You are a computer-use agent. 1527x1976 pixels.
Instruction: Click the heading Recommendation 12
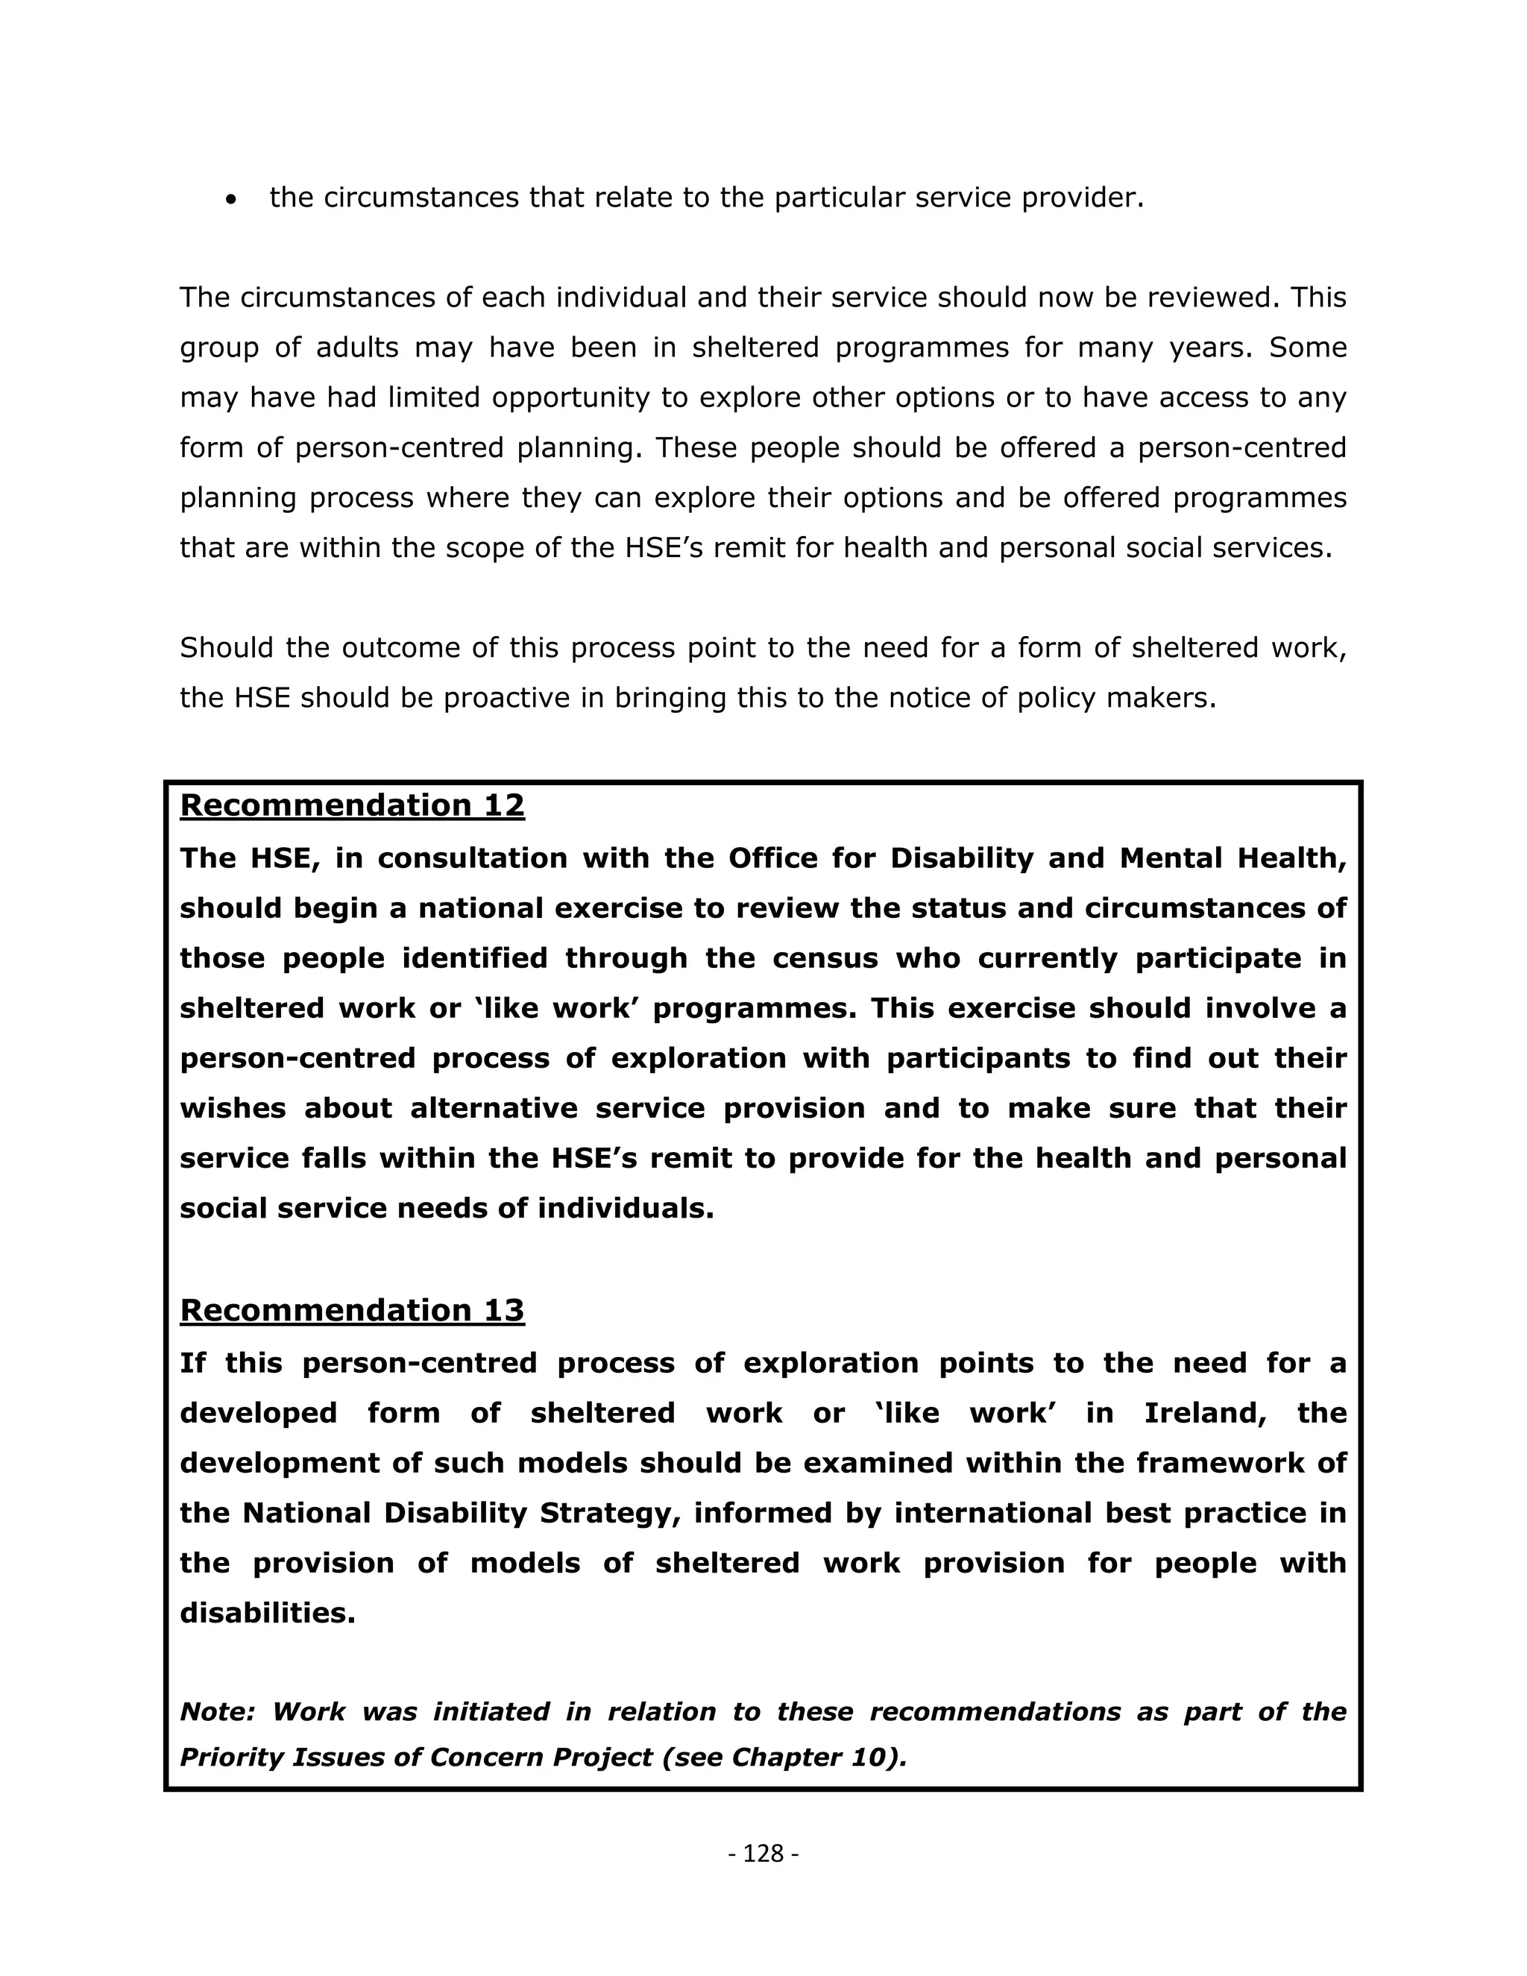click(x=352, y=805)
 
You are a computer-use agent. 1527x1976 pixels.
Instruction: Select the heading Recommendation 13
click(x=352, y=1310)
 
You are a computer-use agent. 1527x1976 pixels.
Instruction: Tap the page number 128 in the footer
click(x=763, y=1854)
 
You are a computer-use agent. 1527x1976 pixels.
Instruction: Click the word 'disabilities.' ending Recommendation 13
click(x=268, y=1613)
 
